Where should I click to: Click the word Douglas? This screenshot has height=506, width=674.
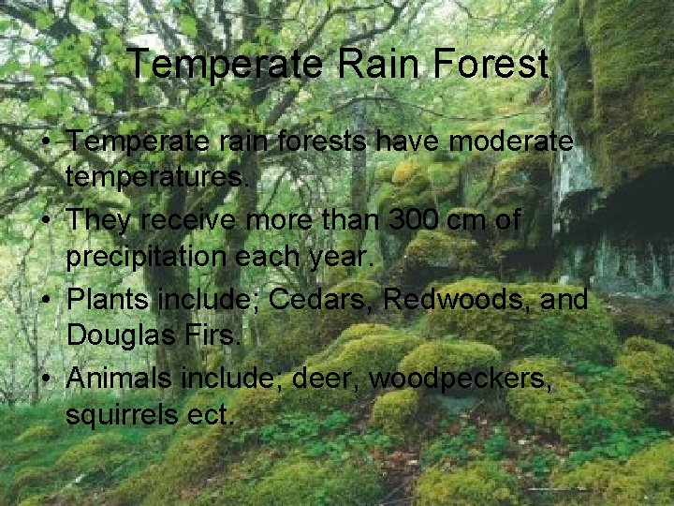(x=121, y=335)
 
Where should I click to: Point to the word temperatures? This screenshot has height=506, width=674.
(x=158, y=176)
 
